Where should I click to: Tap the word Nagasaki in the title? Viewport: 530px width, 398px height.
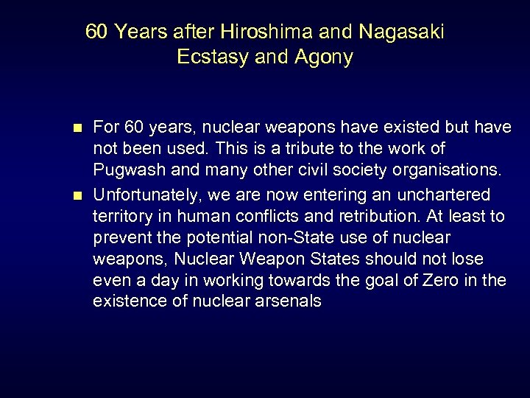402,32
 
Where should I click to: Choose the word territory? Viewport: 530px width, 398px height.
123,216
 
